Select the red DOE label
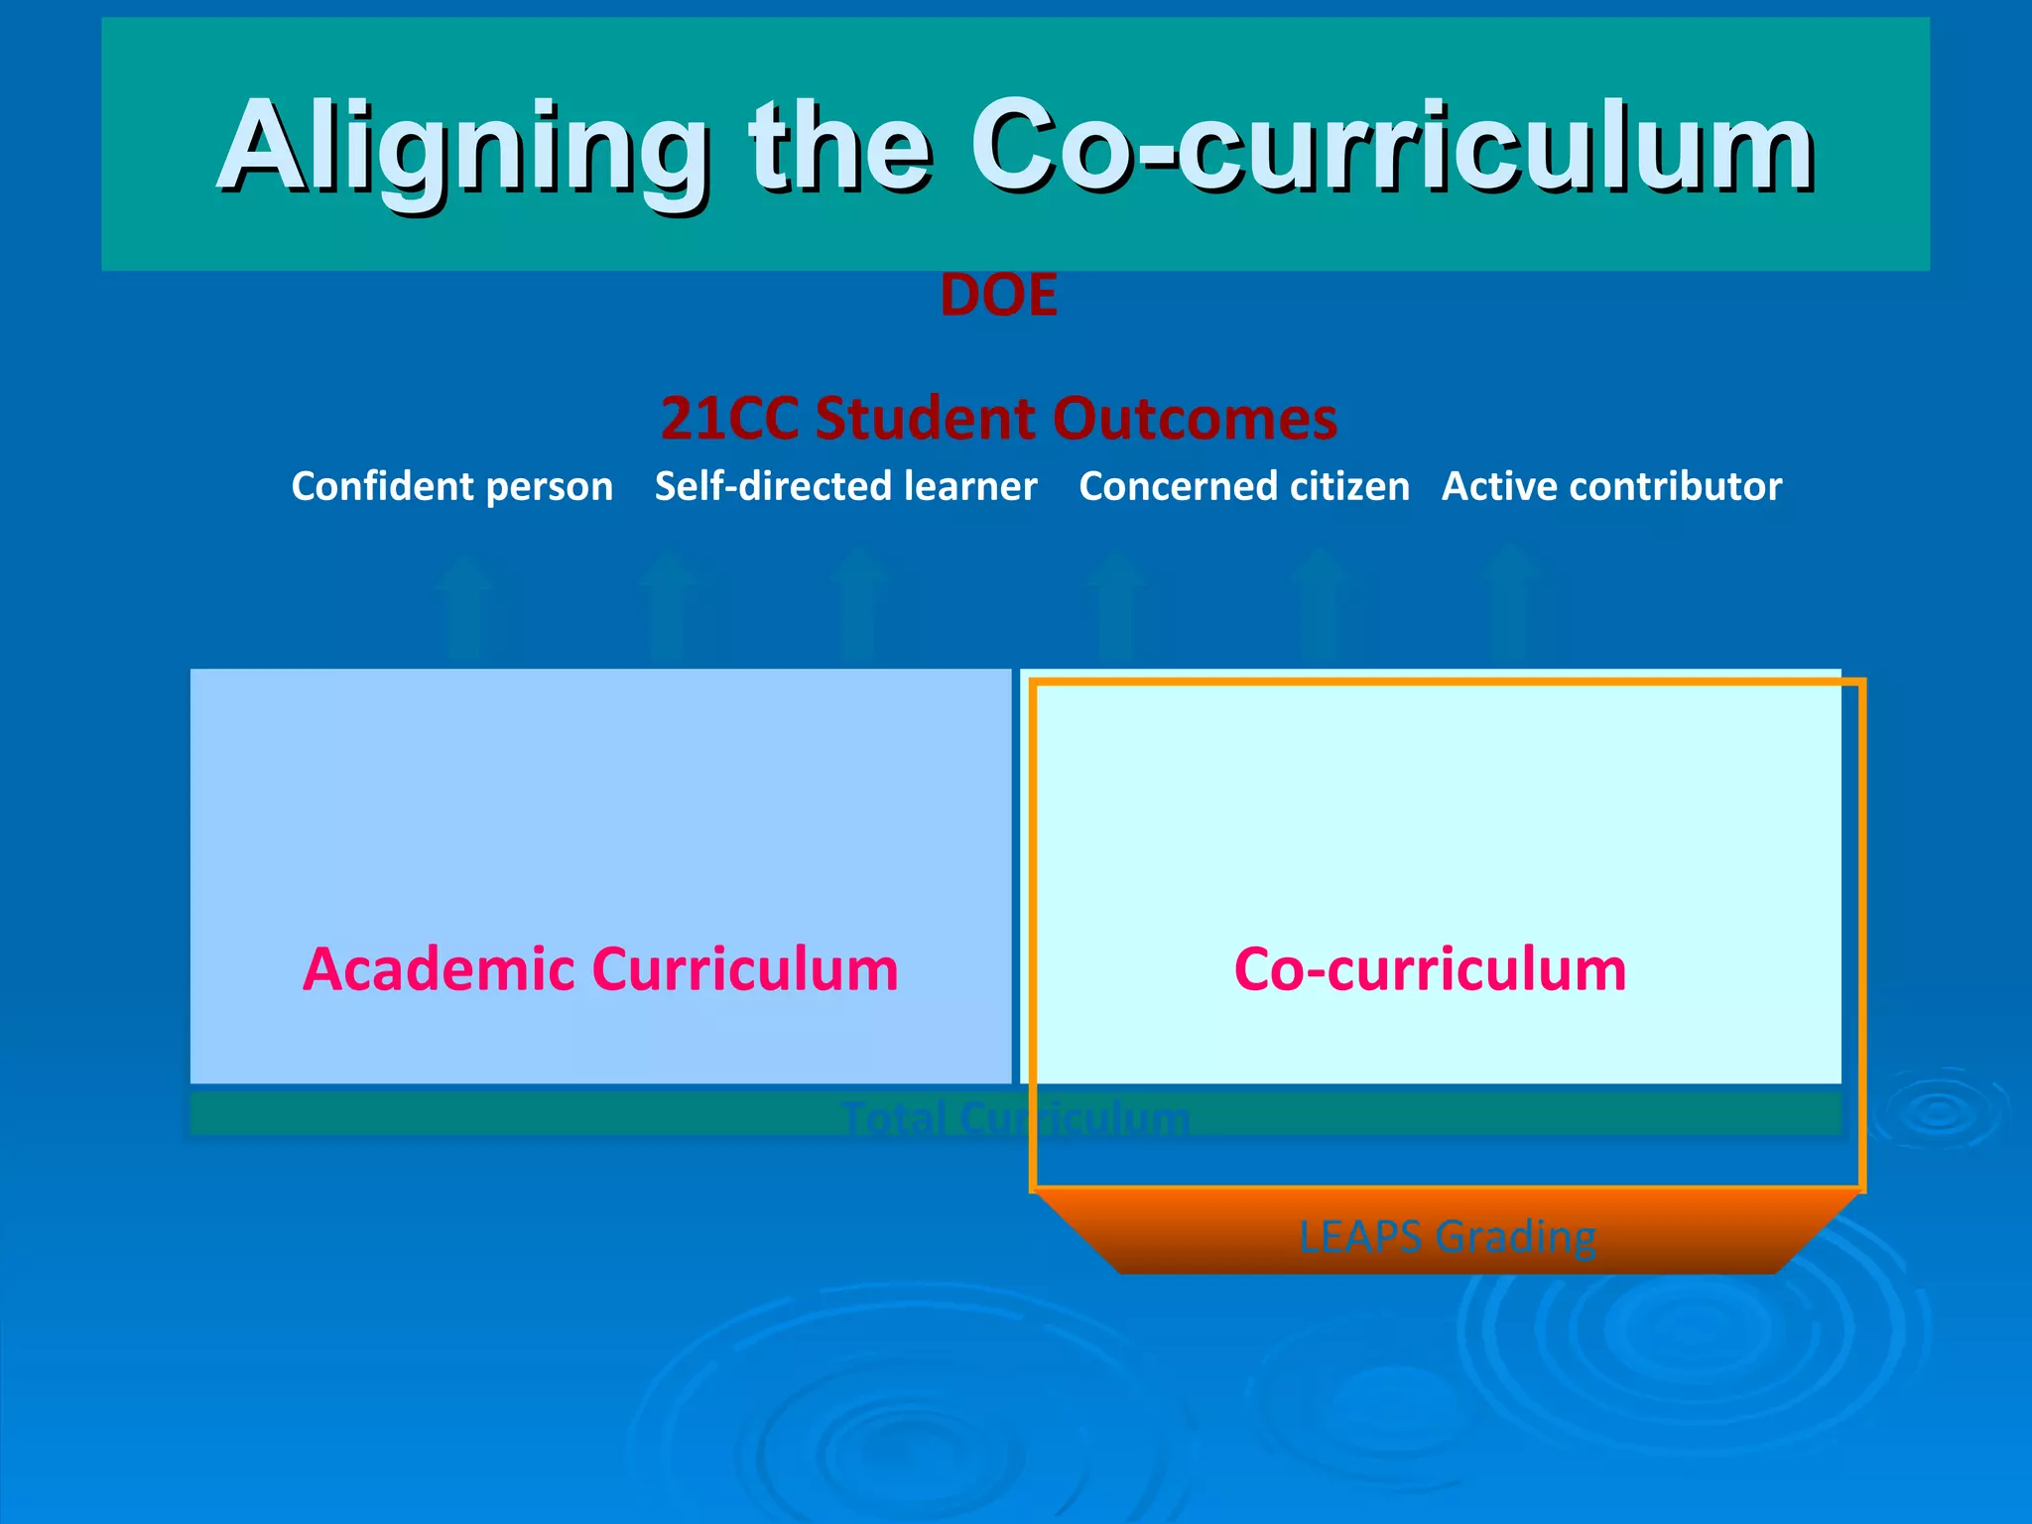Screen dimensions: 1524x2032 [998, 296]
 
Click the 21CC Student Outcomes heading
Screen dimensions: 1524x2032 [998, 418]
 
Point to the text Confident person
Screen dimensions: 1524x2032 [451, 486]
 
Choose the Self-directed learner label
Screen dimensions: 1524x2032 [845, 486]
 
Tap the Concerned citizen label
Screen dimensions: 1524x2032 [1243, 486]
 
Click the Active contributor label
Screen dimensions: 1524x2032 [1611, 486]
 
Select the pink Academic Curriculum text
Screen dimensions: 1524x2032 [600, 968]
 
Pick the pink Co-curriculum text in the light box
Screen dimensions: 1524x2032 [1430, 968]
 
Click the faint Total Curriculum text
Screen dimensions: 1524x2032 [1014, 1117]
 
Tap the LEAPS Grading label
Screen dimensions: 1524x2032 [1447, 1236]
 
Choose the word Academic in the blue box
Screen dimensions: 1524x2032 [438, 968]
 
